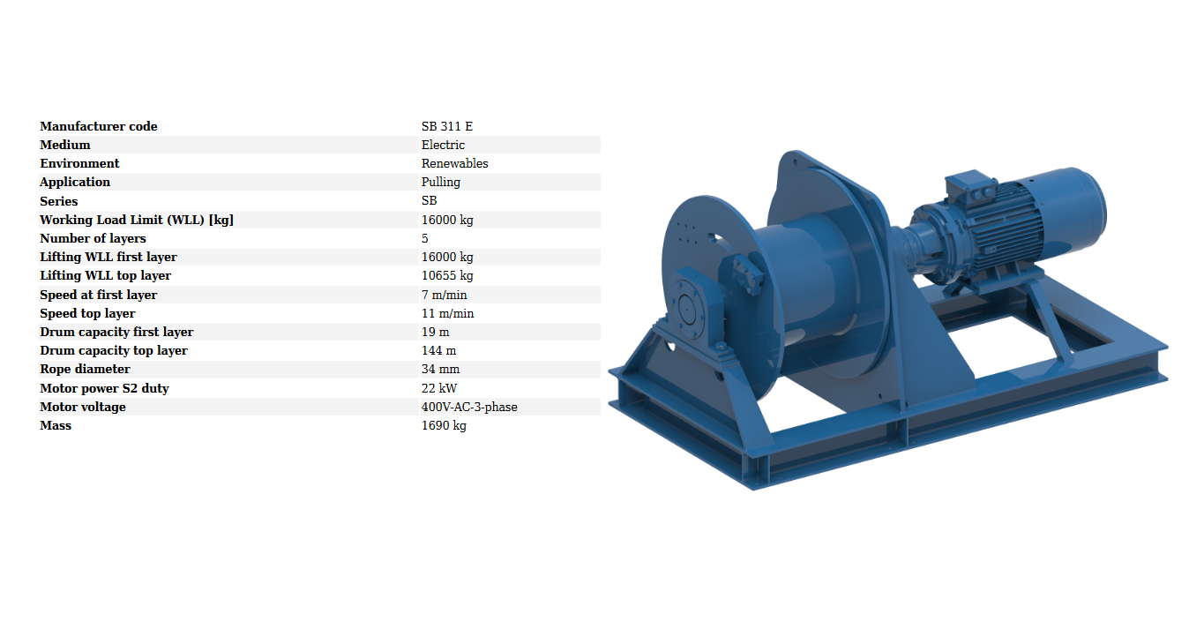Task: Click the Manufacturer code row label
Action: pyautogui.click(x=98, y=126)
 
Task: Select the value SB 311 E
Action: pyautogui.click(x=447, y=126)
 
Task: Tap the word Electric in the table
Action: pyautogui.click(x=443, y=145)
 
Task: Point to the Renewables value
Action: pyautogui.click(x=454, y=163)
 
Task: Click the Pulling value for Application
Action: pyautogui.click(x=440, y=182)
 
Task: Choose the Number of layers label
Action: pyautogui.click(x=93, y=238)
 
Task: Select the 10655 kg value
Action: pyautogui.click(x=447, y=275)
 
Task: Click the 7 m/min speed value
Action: pyautogui.click(x=444, y=295)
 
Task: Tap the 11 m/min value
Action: pyautogui.click(x=447, y=313)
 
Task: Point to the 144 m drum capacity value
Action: pyautogui.click(x=438, y=350)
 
